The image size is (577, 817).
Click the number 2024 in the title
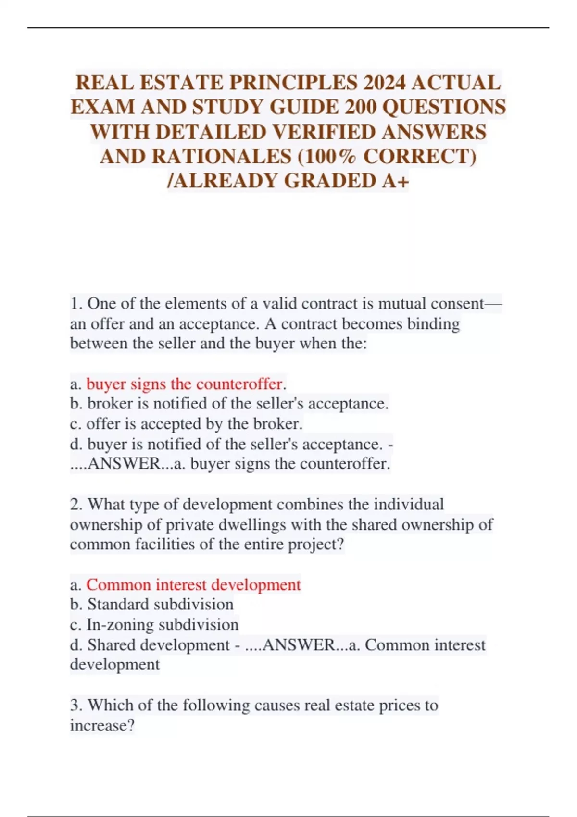pyautogui.click(x=384, y=83)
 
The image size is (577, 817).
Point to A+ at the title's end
pyautogui.click(x=396, y=181)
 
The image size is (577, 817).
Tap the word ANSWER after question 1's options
pyautogui.click(x=125, y=464)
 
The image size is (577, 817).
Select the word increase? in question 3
pyautogui.click(x=102, y=725)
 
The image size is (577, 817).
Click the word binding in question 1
pyautogui.click(x=433, y=324)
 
